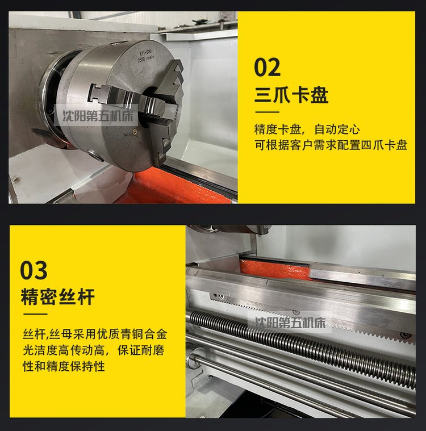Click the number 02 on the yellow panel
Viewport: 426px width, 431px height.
[267, 68]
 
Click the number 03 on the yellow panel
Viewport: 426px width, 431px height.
[34, 270]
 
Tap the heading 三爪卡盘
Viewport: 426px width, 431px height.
[291, 95]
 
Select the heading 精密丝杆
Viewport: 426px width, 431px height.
[58, 297]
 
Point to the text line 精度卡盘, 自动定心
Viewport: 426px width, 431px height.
[307, 129]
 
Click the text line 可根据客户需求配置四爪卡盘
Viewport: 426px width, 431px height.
[331, 145]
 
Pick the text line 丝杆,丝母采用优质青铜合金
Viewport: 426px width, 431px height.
[95, 334]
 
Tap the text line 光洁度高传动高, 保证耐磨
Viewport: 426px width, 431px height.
[94, 350]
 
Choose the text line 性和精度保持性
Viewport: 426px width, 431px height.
[64, 366]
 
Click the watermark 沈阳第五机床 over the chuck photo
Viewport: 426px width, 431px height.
[98, 116]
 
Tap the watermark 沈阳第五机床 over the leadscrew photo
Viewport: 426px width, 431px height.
[290, 323]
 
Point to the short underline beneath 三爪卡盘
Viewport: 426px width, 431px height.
[267, 112]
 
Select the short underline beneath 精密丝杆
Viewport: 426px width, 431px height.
[35, 314]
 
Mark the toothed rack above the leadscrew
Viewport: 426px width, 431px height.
[311, 316]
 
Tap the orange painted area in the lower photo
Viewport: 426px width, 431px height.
[275, 269]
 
